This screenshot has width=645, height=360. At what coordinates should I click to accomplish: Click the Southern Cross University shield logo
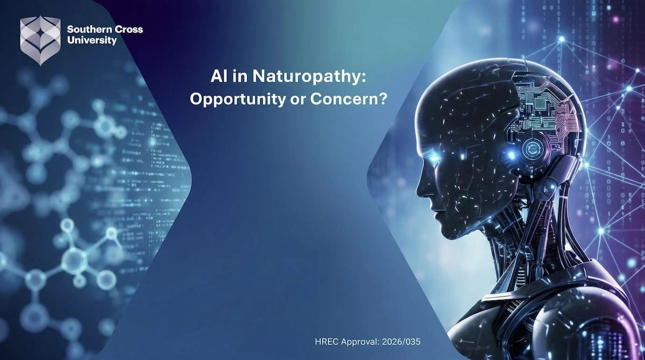point(40,40)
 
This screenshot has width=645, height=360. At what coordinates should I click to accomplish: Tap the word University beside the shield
point(92,40)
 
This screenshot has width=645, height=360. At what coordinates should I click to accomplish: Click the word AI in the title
point(219,77)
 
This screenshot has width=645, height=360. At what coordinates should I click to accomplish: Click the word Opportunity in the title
point(238,100)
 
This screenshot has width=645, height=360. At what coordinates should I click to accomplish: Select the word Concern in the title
point(341,99)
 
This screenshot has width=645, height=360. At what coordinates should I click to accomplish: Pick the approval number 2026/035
point(401,342)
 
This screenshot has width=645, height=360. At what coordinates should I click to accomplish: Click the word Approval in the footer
point(360,342)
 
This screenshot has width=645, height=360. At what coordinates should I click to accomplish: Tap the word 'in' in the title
point(240,77)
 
